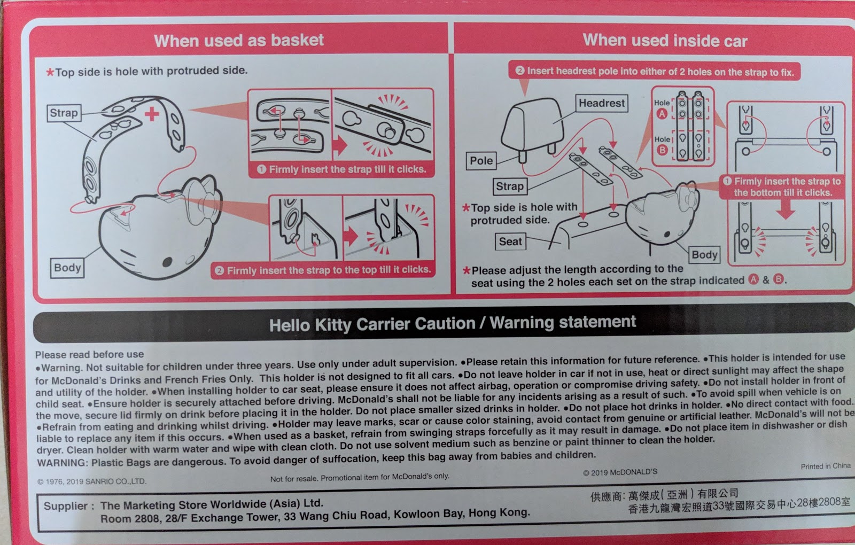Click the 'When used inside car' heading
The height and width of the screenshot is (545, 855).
click(x=665, y=41)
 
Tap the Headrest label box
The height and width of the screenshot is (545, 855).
click(x=602, y=103)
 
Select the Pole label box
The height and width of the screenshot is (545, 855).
click(x=481, y=161)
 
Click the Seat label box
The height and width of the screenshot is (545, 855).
click(x=510, y=242)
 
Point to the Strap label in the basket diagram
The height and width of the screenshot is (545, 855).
click(x=64, y=113)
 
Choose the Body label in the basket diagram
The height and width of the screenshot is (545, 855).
click(x=67, y=268)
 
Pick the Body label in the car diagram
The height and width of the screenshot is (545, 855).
click(x=704, y=255)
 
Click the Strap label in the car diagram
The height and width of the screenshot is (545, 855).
click(x=510, y=186)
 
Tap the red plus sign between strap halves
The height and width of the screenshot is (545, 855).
click(x=152, y=114)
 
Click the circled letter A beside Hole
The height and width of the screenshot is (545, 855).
click(x=662, y=114)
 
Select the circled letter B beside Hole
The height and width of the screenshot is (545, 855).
click(x=662, y=150)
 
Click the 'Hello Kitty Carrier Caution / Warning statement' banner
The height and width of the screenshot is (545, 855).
click(x=453, y=323)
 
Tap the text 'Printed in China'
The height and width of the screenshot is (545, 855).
click(x=825, y=466)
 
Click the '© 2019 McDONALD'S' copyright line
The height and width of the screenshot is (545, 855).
click(x=620, y=472)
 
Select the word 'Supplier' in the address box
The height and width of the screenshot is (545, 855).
click(x=65, y=507)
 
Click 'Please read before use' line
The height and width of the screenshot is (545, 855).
click(x=89, y=355)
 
